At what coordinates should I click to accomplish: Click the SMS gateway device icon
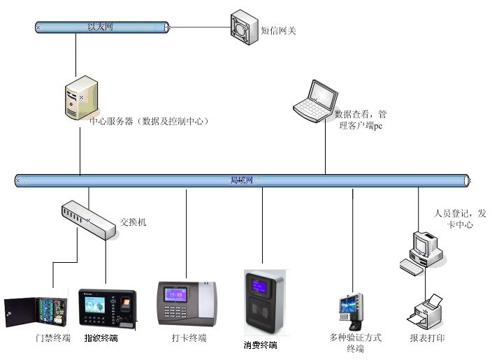245,27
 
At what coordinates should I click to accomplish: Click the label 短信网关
279,31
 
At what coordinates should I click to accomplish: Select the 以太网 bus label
100,27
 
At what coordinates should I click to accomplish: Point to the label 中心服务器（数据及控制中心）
150,121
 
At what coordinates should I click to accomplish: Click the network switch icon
87,220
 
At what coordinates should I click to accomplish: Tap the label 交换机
133,222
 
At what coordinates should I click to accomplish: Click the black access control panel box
35,312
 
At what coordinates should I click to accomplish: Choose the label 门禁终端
53,338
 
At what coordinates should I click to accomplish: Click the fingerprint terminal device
106,308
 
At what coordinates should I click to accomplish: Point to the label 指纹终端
101,338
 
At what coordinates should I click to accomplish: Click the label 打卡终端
189,338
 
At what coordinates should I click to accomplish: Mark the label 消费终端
261,345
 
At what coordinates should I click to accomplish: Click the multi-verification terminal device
352,310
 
